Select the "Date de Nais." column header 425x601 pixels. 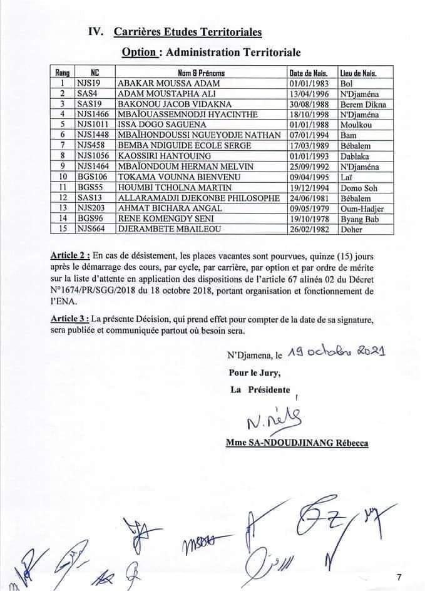coord(311,73)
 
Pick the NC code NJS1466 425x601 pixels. coord(94,113)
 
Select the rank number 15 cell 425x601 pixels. coord(62,229)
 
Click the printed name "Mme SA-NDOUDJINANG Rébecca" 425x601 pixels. coord(297,443)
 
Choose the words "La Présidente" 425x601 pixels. coord(260,389)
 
